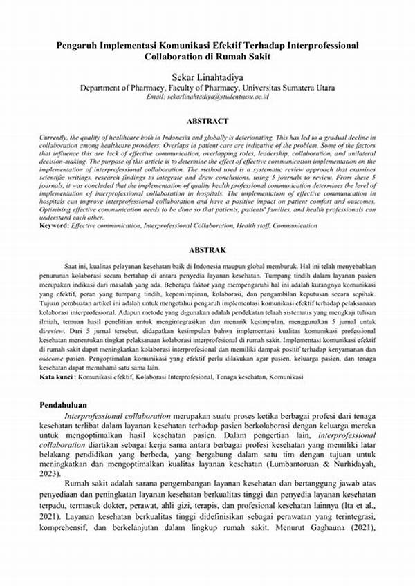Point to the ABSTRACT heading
pos(207,120)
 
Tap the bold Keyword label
pos(55,226)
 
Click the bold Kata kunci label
pos(59,377)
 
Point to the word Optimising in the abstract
pos(58,209)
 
